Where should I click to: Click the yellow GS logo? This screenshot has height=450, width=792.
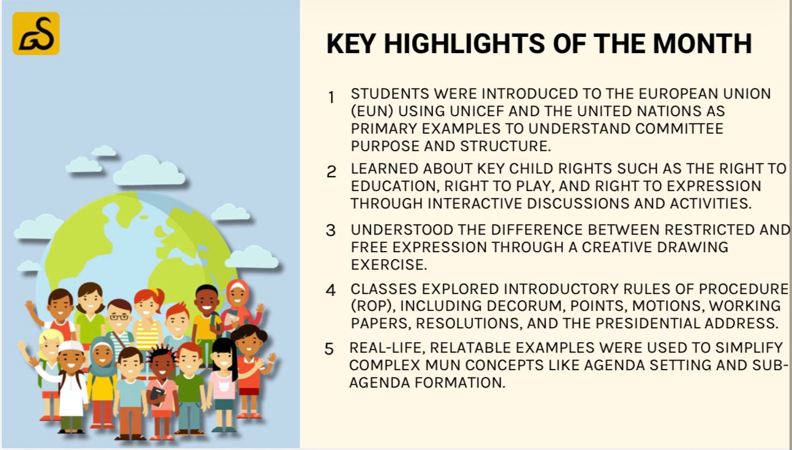(36, 33)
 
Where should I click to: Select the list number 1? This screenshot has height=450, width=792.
(331, 97)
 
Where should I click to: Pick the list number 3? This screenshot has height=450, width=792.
(331, 230)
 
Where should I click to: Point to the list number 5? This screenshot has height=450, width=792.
(329, 349)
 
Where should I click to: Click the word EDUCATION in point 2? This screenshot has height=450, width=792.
(395, 186)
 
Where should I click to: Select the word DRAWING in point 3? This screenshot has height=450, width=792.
(693, 247)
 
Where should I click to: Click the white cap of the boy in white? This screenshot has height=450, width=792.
(71, 346)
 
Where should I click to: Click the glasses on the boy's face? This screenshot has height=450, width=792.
(119, 317)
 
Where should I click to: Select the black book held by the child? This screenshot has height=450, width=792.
(156, 395)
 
